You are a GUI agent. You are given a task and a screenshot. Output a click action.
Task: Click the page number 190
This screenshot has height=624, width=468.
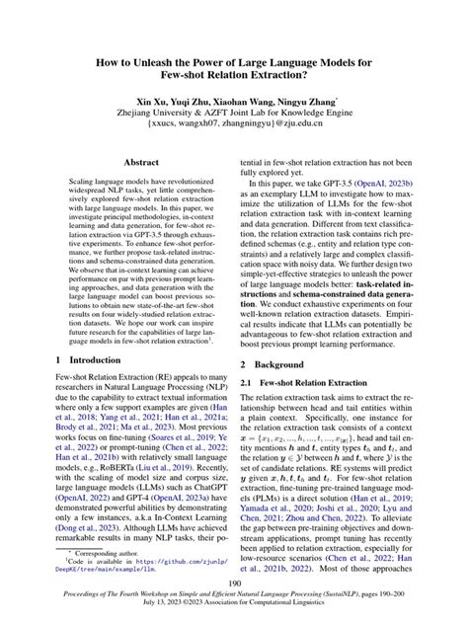[234, 585]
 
